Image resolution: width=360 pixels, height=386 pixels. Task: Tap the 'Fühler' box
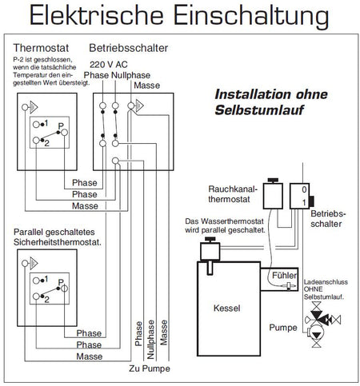(283, 275)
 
